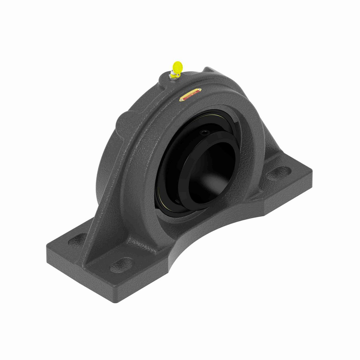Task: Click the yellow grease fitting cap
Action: coord(177,67)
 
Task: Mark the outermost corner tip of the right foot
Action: coord(312,172)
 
